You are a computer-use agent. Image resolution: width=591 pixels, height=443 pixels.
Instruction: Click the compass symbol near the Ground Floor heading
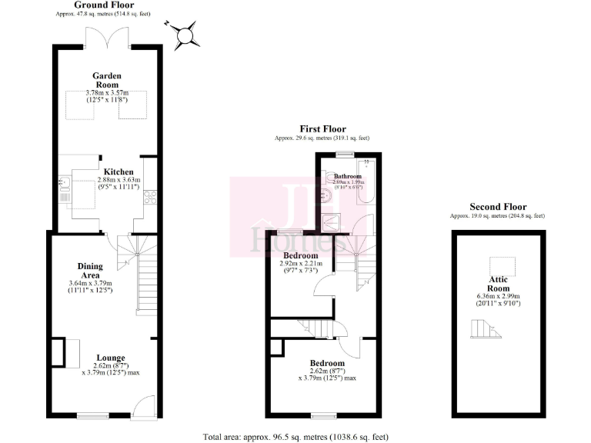(185, 35)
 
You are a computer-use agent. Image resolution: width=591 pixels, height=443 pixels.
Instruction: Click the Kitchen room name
(119, 172)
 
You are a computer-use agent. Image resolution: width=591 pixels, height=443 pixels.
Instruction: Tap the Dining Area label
(91, 270)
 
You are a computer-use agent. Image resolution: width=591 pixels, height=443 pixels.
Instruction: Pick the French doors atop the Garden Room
(108, 35)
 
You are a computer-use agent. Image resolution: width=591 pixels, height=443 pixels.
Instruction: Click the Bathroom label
(346, 176)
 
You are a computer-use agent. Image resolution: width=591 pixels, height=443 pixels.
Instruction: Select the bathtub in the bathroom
(366, 188)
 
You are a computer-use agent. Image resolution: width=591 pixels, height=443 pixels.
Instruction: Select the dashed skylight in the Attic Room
(505, 262)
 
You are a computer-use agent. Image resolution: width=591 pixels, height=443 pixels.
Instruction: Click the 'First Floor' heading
(322, 129)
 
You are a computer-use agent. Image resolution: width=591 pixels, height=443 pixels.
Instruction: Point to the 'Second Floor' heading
(498, 207)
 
